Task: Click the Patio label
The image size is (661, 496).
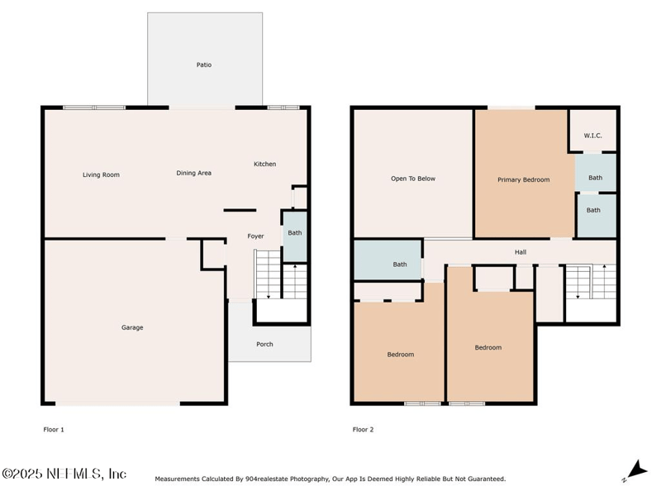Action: (x=204, y=65)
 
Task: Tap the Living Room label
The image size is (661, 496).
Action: (x=101, y=174)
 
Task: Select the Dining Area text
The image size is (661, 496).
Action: (x=194, y=173)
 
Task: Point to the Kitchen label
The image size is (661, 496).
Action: (x=264, y=164)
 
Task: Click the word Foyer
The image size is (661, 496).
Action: (x=255, y=236)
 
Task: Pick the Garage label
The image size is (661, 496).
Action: (x=132, y=327)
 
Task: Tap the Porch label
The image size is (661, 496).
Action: (x=264, y=344)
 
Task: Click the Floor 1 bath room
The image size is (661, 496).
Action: (x=295, y=237)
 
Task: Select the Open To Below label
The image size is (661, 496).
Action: (x=413, y=179)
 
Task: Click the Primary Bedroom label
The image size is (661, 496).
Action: (x=524, y=179)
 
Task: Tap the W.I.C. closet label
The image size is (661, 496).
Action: (x=592, y=136)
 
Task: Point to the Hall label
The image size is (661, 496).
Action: (x=521, y=252)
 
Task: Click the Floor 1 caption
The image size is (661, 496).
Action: (x=54, y=429)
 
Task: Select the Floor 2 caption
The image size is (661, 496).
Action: (x=363, y=429)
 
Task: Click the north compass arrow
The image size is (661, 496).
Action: (x=637, y=470)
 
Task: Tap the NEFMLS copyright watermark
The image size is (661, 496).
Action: (x=64, y=473)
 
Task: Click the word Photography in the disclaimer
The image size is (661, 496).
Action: (x=309, y=479)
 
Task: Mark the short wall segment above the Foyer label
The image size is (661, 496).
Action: (x=240, y=210)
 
